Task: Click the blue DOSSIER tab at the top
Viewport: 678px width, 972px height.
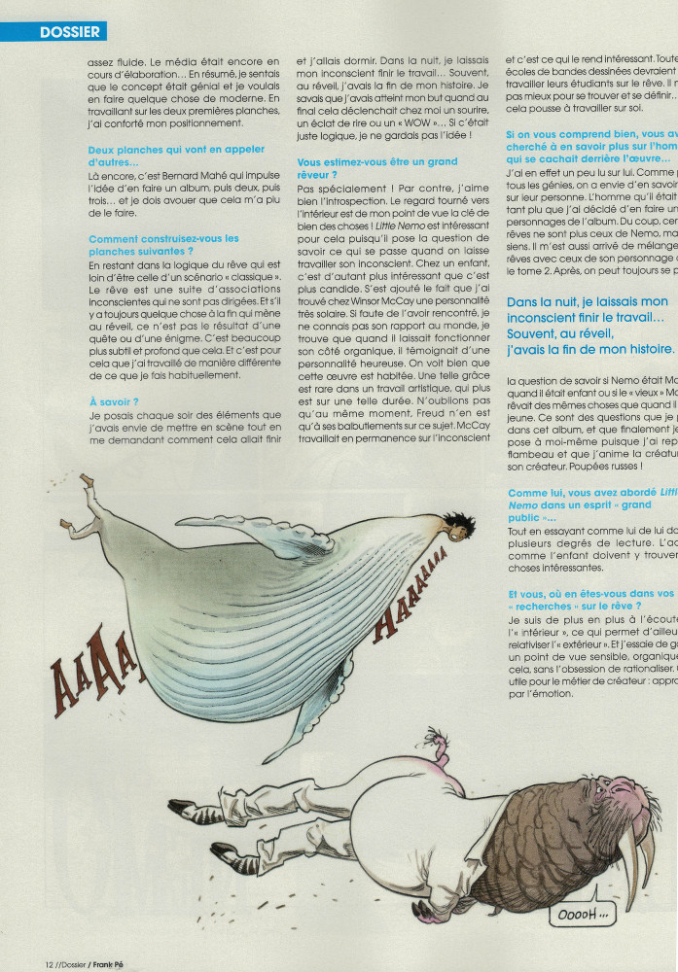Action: click(69, 32)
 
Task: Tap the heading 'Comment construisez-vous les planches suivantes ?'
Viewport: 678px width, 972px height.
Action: click(162, 245)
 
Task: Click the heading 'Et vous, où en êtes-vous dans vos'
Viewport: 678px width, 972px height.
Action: click(590, 593)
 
